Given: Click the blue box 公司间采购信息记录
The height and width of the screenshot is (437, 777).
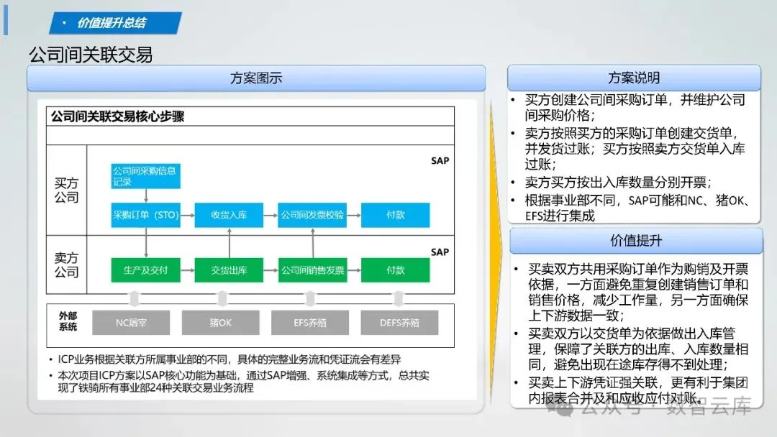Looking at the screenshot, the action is (145, 176).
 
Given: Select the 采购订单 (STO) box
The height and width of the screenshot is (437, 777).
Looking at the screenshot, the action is (145, 215).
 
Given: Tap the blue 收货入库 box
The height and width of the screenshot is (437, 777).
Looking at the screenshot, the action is (229, 215).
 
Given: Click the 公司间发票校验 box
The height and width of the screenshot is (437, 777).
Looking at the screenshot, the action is (312, 215).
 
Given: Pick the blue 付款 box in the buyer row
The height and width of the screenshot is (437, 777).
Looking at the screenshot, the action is (395, 215).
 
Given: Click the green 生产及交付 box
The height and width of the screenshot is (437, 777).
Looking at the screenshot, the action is (145, 270).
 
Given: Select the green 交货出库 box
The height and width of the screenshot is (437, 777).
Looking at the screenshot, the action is (229, 270).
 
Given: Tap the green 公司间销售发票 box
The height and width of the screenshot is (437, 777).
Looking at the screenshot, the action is (312, 270).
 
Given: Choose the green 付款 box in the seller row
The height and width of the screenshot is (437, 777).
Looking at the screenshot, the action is (395, 270).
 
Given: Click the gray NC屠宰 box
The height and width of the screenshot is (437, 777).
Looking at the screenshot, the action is (130, 323).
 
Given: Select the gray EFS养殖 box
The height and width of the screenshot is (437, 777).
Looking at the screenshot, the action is (310, 323).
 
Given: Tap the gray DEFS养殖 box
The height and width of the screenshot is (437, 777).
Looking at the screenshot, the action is (399, 323).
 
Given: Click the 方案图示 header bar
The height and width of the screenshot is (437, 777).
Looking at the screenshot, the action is (256, 78).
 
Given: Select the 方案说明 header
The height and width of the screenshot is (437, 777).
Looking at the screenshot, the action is (634, 78).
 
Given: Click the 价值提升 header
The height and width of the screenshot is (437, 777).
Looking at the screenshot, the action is (636, 241).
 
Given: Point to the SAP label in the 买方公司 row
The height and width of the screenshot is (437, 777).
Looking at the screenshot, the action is (440, 160).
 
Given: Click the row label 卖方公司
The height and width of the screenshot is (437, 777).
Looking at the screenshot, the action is (66, 264).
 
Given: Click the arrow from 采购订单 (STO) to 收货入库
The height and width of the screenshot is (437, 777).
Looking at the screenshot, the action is (186, 215).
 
